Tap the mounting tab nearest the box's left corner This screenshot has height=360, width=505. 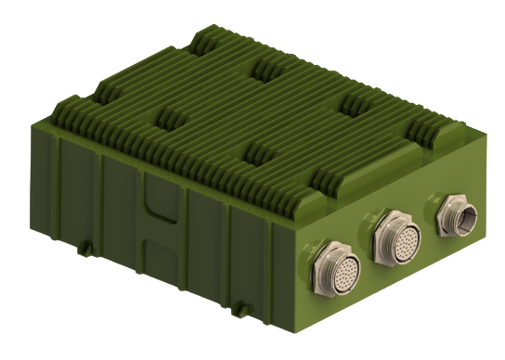click(86, 246)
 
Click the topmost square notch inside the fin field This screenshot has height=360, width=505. click(269, 67)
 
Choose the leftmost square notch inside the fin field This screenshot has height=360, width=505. click(170, 118)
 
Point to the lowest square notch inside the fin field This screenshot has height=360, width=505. click(259, 151)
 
